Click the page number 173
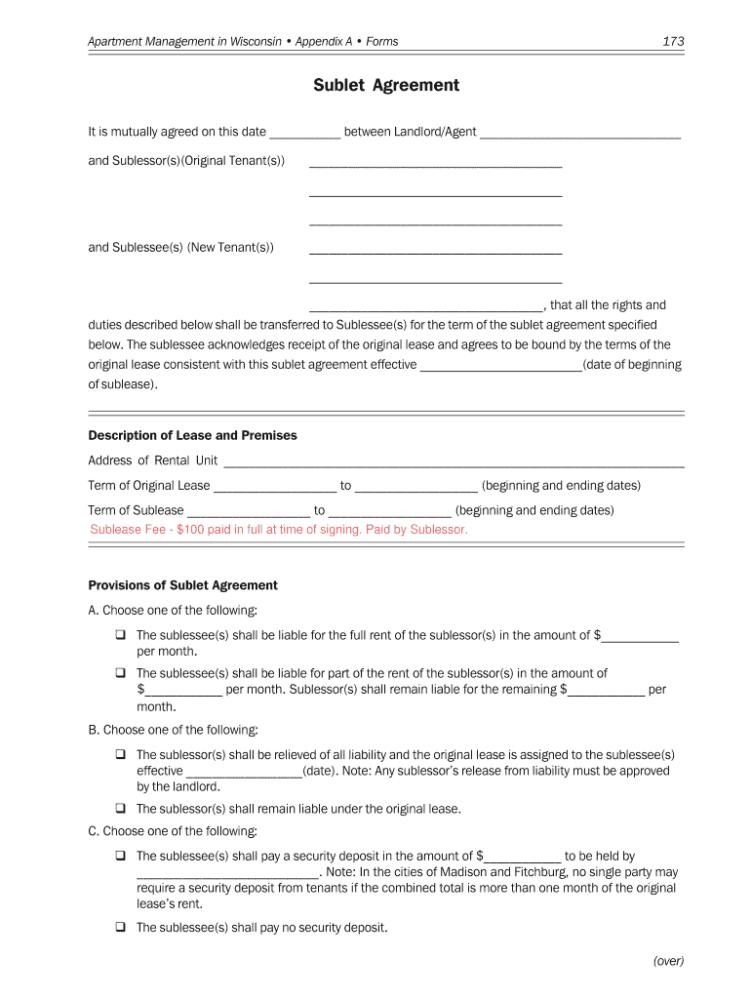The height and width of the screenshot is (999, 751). click(673, 41)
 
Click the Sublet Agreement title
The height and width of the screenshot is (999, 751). click(386, 86)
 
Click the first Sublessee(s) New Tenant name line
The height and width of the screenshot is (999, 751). click(435, 250)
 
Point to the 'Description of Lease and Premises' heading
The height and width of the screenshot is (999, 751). click(193, 435)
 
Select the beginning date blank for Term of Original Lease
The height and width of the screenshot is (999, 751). click(274, 487)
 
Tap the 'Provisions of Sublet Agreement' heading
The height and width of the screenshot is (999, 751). click(183, 585)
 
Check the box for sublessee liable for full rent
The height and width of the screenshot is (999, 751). click(120, 635)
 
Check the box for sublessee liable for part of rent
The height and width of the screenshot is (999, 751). click(120, 673)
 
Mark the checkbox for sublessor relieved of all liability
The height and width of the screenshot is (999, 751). click(120, 754)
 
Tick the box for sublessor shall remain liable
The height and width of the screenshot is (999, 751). click(120, 808)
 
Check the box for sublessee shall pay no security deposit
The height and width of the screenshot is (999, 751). click(120, 928)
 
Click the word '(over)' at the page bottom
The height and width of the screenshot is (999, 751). click(669, 961)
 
